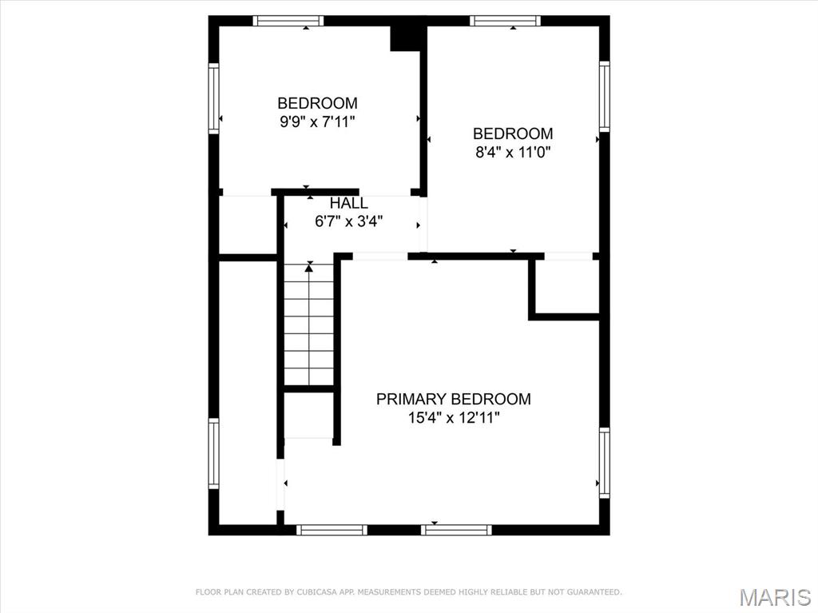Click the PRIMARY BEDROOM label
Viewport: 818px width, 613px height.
click(454, 399)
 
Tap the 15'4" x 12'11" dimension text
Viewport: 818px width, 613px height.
click(454, 418)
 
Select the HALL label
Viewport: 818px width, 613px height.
click(348, 202)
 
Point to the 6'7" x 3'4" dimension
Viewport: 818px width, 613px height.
click(348, 221)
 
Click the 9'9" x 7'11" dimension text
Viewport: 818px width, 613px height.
click(317, 121)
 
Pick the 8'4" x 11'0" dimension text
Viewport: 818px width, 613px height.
click(513, 153)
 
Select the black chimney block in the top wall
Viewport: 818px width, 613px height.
click(405, 38)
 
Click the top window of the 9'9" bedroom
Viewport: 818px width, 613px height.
click(288, 21)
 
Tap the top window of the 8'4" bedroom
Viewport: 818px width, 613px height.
click(505, 21)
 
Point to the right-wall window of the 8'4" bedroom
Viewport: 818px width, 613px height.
click(604, 97)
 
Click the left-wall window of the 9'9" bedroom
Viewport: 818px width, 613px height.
click(214, 98)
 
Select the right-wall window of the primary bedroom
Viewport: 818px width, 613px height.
click(604, 463)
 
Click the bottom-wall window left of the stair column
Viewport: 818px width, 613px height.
click(332, 530)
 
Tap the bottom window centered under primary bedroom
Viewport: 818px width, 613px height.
click(456, 530)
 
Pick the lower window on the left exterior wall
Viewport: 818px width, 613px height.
click(214, 453)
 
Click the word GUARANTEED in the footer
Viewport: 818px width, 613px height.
click(594, 592)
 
